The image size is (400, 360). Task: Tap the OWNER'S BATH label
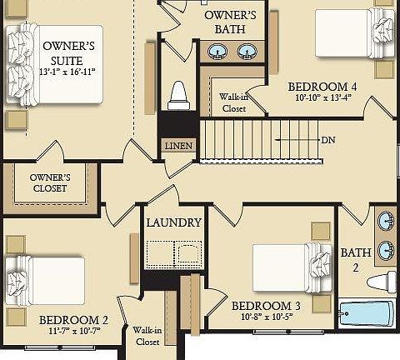pos(230,22)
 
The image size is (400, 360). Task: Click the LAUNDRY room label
pos(173,222)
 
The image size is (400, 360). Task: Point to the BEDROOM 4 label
pos(322,86)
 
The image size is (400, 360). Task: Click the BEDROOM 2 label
pos(73,319)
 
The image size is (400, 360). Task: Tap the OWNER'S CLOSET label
pos(49,182)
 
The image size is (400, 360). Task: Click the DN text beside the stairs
pos(327,139)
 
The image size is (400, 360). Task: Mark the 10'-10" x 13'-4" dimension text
pos(322,98)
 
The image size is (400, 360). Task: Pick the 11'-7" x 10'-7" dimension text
pos(73,332)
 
